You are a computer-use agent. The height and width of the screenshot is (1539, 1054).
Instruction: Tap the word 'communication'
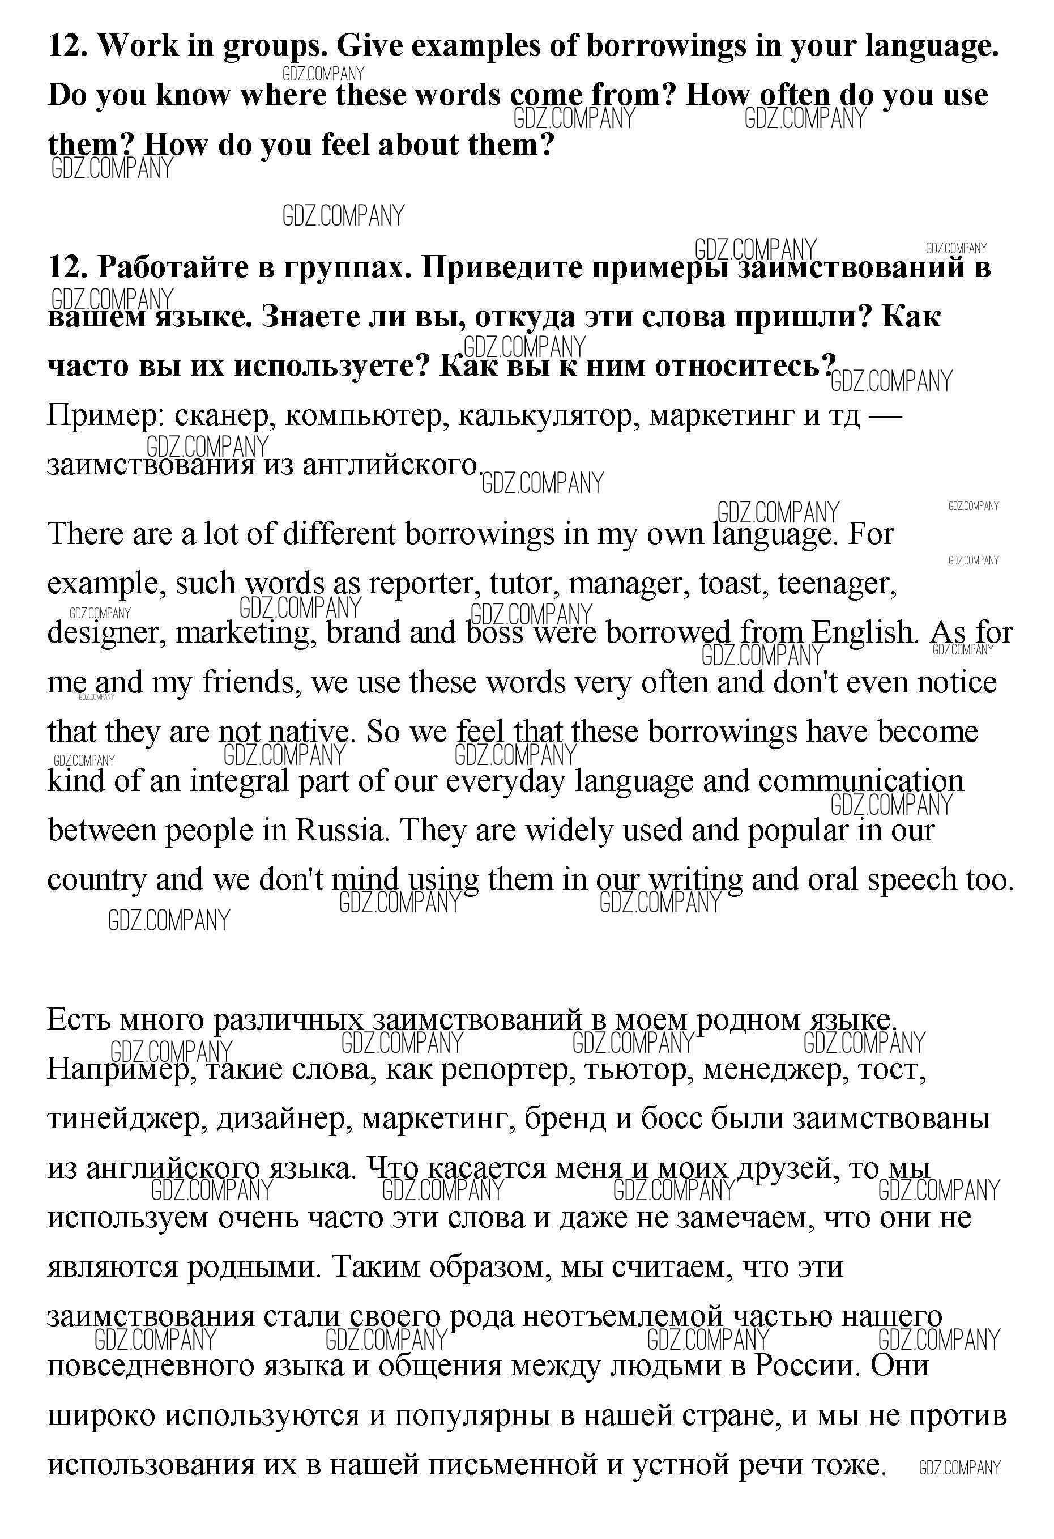point(861,782)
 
